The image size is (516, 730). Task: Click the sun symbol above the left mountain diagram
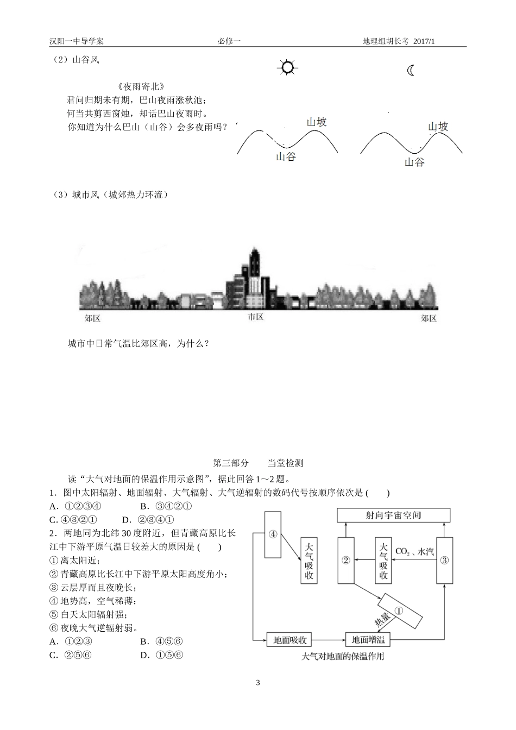pos(287,67)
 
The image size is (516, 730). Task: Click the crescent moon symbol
pos(411,70)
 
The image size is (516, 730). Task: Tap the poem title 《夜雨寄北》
pos(141,86)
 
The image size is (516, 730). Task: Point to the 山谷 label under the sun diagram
pos(286,157)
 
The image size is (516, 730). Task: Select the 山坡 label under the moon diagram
pos(438,127)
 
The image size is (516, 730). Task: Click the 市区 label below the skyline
pos(255,317)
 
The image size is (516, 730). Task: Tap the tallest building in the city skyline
pos(255,278)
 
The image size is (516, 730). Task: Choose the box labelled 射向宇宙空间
pos(393,515)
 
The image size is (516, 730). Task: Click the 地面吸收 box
pos(289,640)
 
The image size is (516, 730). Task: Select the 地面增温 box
pos(368,640)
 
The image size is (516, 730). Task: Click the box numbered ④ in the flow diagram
pos(273,534)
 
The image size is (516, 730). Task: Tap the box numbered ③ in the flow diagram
pos(445,560)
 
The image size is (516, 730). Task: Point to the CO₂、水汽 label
pos(414,551)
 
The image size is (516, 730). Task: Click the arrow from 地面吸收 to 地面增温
pos(329,640)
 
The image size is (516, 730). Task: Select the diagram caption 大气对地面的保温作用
pos(343,656)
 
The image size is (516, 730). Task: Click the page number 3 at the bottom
pos(258,682)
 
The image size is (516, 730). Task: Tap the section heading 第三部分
pos(231,463)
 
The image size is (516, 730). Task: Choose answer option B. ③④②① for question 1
pos(166,506)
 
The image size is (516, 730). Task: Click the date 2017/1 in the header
pos(424,41)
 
